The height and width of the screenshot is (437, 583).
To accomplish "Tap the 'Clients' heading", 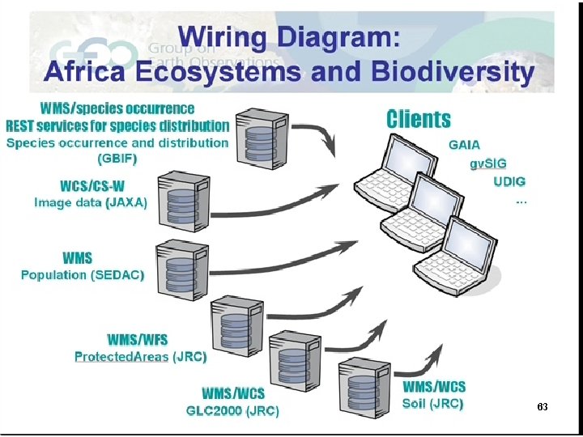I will click(418, 119).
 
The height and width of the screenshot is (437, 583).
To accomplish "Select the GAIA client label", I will click(464, 145).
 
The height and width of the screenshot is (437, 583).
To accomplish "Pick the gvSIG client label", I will click(488, 163).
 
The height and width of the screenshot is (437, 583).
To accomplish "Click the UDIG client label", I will click(509, 181).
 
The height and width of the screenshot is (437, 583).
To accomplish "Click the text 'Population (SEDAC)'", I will click(83, 275).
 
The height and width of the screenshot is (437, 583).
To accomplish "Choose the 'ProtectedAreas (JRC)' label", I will click(140, 356).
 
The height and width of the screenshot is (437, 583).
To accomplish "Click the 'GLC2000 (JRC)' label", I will click(232, 410).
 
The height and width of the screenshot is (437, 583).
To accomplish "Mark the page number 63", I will click(543, 406).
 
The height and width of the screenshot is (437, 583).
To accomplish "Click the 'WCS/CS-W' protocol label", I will click(91, 187).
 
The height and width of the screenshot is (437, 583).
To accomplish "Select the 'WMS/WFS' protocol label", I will click(138, 340).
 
